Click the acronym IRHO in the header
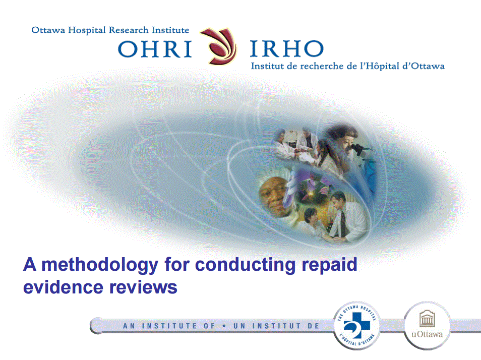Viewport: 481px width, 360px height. pos(286,49)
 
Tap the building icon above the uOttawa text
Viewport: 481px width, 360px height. pos(427,319)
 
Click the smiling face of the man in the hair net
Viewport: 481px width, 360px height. pos(272,194)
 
